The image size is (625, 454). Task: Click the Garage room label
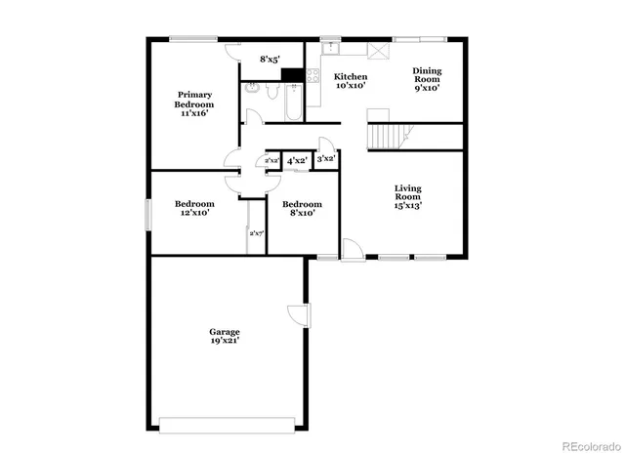pos(224,335)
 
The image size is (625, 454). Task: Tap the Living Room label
pos(407,196)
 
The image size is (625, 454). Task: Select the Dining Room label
pos(426,79)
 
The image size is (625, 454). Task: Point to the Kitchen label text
pos(351,80)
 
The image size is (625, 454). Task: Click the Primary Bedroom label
pos(194,103)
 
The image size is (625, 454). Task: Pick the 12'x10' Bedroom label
pos(194,208)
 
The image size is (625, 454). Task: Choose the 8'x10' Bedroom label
pos(302,208)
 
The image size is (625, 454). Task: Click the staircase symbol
pos(386,135)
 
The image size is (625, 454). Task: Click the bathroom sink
pos(252,86)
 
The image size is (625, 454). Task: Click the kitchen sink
pos(330,46)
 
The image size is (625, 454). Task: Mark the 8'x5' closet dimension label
pos(271,60)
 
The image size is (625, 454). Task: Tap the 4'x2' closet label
pos(297,159)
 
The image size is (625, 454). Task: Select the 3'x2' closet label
pos(327,158)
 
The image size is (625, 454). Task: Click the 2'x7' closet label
pos(257,233)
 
